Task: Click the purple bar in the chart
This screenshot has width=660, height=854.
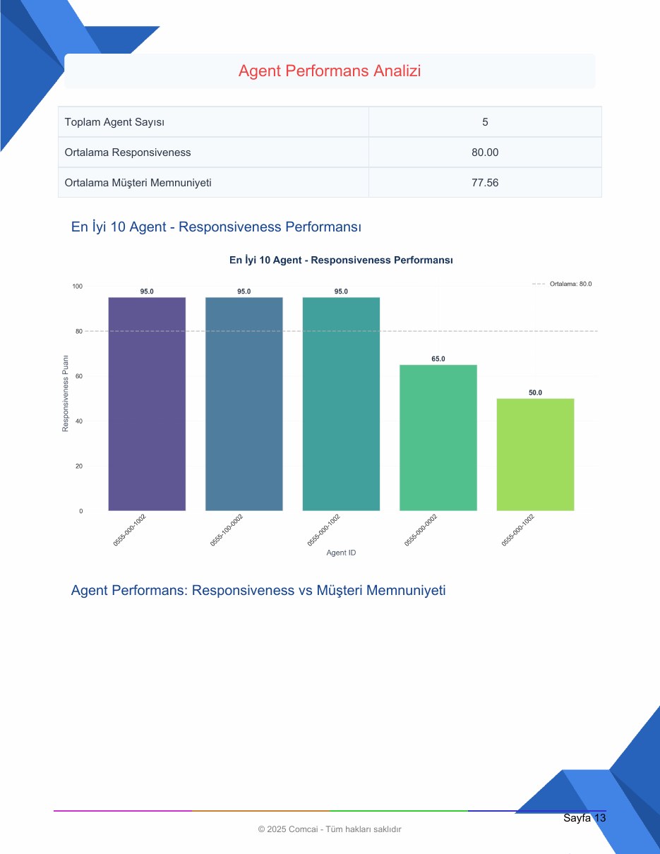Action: (x=147, y=404)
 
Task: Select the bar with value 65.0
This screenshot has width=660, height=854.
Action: (x=438, y=438)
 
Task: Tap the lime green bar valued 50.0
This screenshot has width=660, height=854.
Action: (x=535, y=455)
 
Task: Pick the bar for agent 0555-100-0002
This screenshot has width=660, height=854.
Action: (x=244, y=404)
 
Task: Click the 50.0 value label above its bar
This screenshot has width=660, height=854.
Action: (x=535, y=392)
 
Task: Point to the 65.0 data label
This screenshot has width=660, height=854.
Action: (x=438, y=359)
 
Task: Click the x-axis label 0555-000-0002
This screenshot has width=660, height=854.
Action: (x=421, y=530)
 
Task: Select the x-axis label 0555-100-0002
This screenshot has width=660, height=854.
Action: (x=227, y=530)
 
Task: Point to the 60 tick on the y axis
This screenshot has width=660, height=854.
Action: (x=79, y=376)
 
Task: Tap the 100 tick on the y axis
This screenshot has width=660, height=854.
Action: (x=78, y=286)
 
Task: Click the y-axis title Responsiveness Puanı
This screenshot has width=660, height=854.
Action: (x=65, y=393)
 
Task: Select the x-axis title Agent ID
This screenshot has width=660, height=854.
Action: (x=341, y=553)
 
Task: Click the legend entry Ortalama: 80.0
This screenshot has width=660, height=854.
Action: (x=562, y=284)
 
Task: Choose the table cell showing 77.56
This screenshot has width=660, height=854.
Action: (x=485, y=183)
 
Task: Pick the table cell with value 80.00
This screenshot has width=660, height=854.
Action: (x=485, y=152)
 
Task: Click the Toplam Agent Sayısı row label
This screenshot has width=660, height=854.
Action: (x=114, y=122)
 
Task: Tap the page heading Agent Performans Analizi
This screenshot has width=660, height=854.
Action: (x=330, y=71)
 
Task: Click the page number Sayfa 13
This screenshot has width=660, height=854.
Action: (x=584, y=818)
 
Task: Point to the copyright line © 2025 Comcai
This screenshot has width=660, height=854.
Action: (x=330, y=829)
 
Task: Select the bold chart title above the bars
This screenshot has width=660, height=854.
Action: (x=341, y=260)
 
